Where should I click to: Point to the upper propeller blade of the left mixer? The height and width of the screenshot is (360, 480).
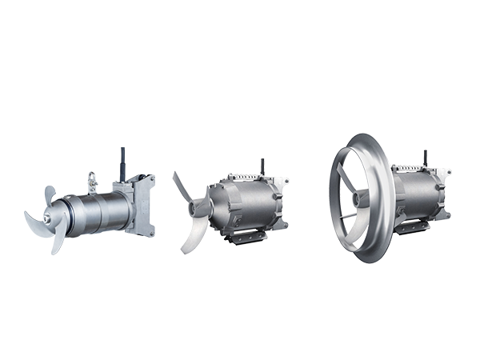pyautogui.click(x=48, y=194)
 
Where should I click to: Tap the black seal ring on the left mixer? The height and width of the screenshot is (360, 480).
pyautogui.click(x=70, y=214)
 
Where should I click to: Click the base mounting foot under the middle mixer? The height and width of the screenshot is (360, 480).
pyautogui.click(x=244, y=237)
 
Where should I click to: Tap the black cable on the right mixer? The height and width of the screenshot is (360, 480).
pyautogui.click(x=424, y=157)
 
